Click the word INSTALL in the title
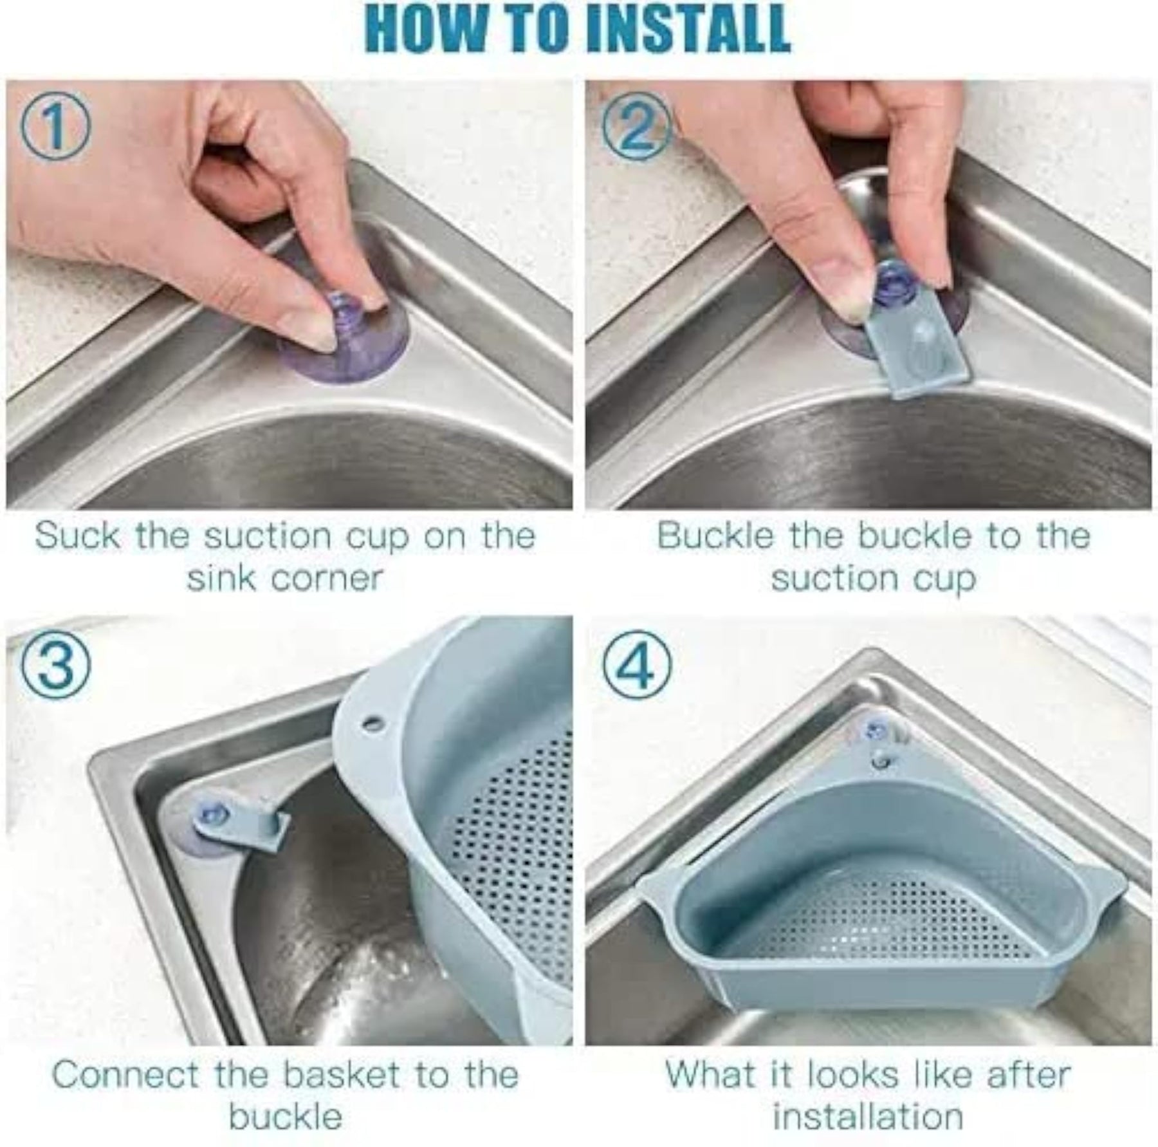[x=690, y=29]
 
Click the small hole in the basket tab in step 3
[x=371, y=723]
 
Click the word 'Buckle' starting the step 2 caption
[x=714, y=536]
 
